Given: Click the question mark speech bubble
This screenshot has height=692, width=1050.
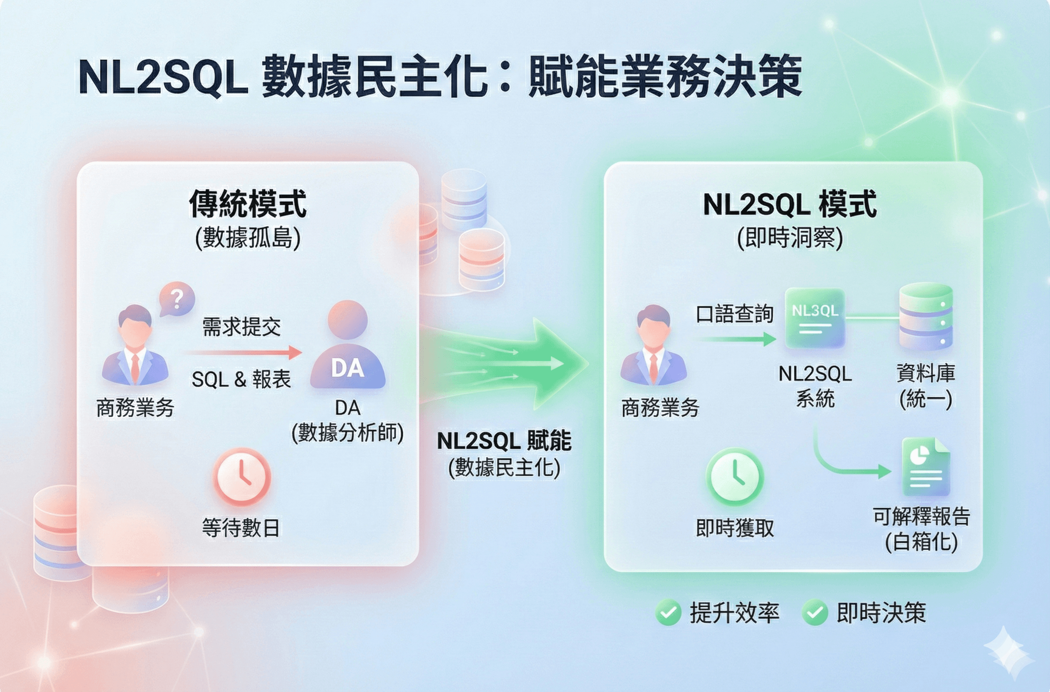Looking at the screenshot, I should pyautogui.click(x=177, y=299).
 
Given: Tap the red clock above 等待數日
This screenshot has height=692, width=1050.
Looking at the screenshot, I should pyautogui.click(x=241, y=477).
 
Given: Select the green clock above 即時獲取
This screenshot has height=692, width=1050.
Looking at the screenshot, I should pyautogui.click(x=735, y=477).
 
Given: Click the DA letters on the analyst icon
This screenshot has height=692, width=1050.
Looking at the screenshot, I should pyautogui.click(x=348, y=368).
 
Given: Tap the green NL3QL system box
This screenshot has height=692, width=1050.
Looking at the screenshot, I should pyautogui.click(x=815, y=318).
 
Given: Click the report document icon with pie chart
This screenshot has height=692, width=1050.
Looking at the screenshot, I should pyautogui.click(x=925, y=467).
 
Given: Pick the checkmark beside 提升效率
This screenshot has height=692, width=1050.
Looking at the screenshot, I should pyautogui.click(x=668, y=613).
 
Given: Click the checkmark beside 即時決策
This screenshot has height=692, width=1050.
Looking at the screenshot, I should pyautogui.click(x=814, y=613).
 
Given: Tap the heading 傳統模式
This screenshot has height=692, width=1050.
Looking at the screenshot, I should pyautogui.click(x=248, y=204).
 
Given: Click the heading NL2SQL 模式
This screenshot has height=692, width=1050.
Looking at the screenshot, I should pyautogui.click(x=790, y=205).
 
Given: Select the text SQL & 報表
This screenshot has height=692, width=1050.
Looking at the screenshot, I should pyautogui.click(x=241, y=379).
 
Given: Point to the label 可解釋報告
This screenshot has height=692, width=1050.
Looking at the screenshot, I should pyautogui.click(x=921, y=516).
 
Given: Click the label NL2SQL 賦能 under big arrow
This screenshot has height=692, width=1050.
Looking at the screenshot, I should pyautogui.click(x=504, y=441).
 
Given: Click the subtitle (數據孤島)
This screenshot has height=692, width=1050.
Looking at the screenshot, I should pyautogui.click(x=248, y=238).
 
